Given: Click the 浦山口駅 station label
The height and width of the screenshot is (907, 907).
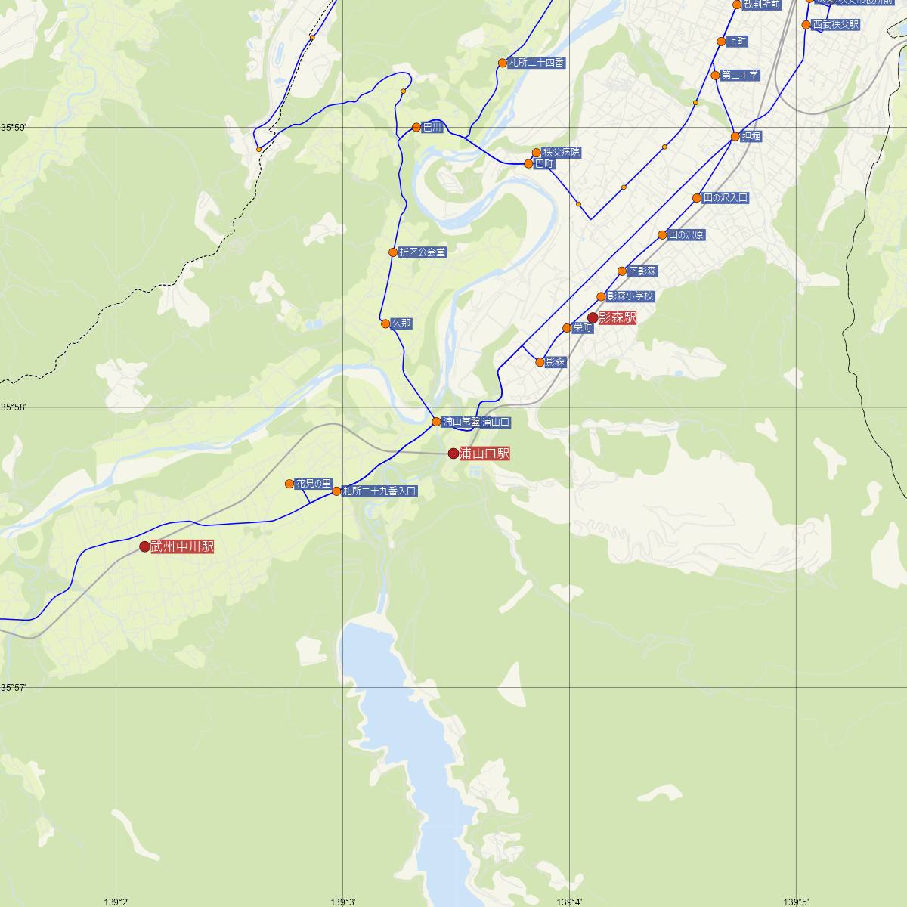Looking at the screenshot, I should (x=484, y=453).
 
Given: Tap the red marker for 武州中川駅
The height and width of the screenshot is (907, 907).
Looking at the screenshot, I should (x=145, y=546).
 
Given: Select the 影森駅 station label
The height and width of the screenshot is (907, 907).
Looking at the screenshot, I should (x=617, y=318).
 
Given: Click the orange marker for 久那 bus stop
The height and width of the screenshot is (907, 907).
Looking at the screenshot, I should (x=385, y=323).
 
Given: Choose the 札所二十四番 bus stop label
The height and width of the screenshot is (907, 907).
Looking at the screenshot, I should (x=537, y=63).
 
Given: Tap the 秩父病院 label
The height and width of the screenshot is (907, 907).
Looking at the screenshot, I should (x=562, y=153).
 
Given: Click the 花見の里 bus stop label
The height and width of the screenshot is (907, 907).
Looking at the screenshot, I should (x=314, y=483).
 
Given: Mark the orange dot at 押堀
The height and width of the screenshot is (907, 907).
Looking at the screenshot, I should (x=735, y=137).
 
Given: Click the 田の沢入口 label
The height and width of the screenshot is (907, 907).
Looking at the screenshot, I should (x=726, y=198).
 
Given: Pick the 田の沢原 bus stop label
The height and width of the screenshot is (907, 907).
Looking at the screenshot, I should (x=686, y=235).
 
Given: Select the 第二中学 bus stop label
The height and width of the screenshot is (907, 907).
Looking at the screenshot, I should (x=740, y=76).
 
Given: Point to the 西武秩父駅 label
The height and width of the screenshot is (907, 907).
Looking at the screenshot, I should (x=835, y=25).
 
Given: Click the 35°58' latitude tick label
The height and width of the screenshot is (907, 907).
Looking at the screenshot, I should (x=14, y=407).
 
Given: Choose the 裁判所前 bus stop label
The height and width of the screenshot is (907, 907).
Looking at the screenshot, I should (x=762, y=5).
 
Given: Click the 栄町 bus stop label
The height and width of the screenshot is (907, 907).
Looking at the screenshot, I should (x=583, y=328).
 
